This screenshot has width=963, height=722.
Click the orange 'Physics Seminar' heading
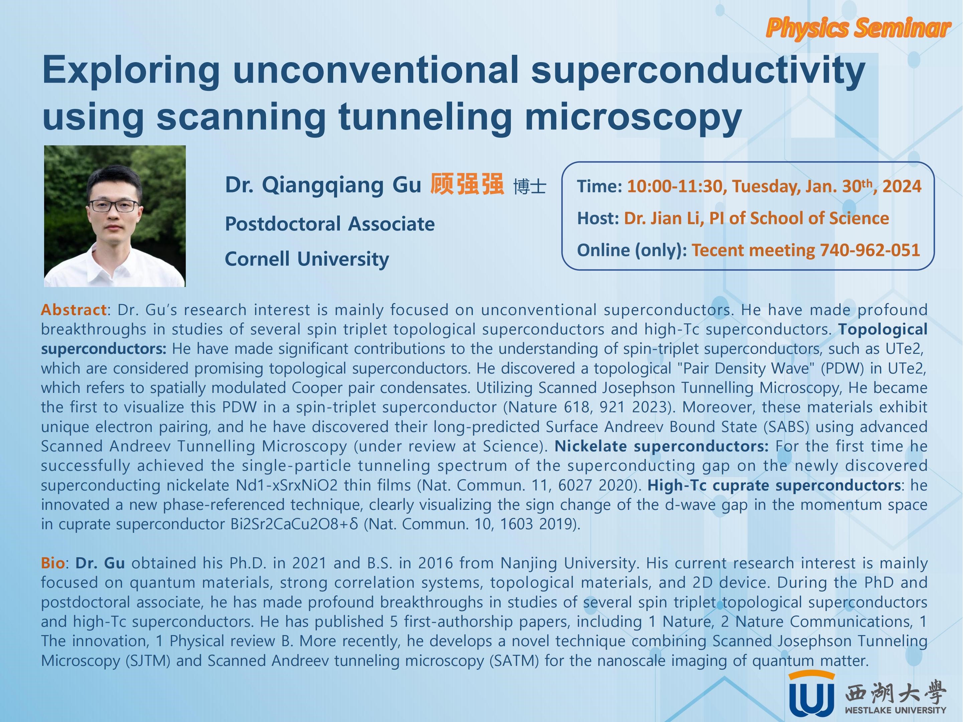coord(858,28)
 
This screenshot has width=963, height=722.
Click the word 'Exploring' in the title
coord(131,70)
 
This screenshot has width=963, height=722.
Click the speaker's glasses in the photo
coord(114,205)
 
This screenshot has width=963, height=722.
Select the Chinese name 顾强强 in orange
coord(467,184)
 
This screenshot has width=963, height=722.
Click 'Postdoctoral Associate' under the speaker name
coord(329,224)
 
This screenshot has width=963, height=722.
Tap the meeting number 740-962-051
coord(869,250)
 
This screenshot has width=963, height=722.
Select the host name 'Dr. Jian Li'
coord(661,219)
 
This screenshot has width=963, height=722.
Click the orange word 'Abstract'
coord(74,310)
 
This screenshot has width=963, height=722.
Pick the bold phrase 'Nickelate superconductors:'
coord(661,446)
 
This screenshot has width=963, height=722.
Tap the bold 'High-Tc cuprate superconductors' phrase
coord(774,485)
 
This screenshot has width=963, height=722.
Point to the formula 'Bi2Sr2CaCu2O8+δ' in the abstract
coord(294,524)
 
